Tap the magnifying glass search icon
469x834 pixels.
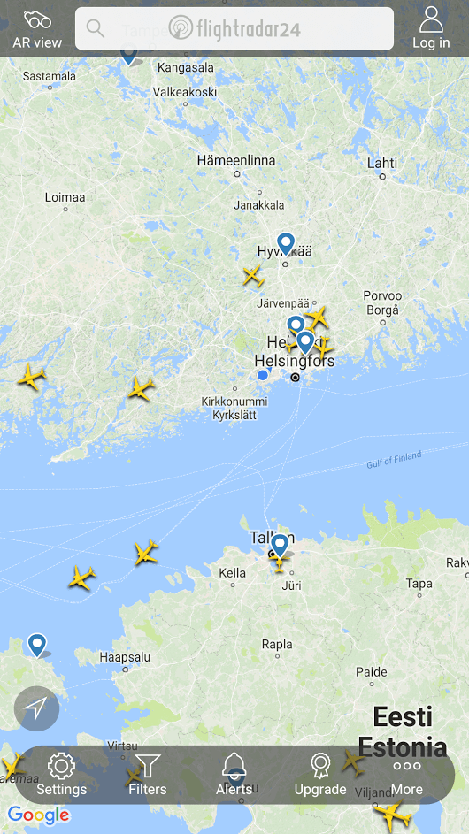point(96,28)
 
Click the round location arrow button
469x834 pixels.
point(36,708)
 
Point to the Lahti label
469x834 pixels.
point(382,163)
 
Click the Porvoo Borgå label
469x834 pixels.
point(382,302)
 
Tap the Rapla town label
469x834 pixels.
point(277,644)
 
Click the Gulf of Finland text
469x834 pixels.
point(394,461)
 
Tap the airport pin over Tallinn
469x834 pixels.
point(280,544)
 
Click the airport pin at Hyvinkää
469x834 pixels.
point(285,242)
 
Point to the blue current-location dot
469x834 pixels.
point(263,375)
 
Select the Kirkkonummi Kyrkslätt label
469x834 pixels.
point(234,408)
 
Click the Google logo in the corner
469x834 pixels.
point(38,815)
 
